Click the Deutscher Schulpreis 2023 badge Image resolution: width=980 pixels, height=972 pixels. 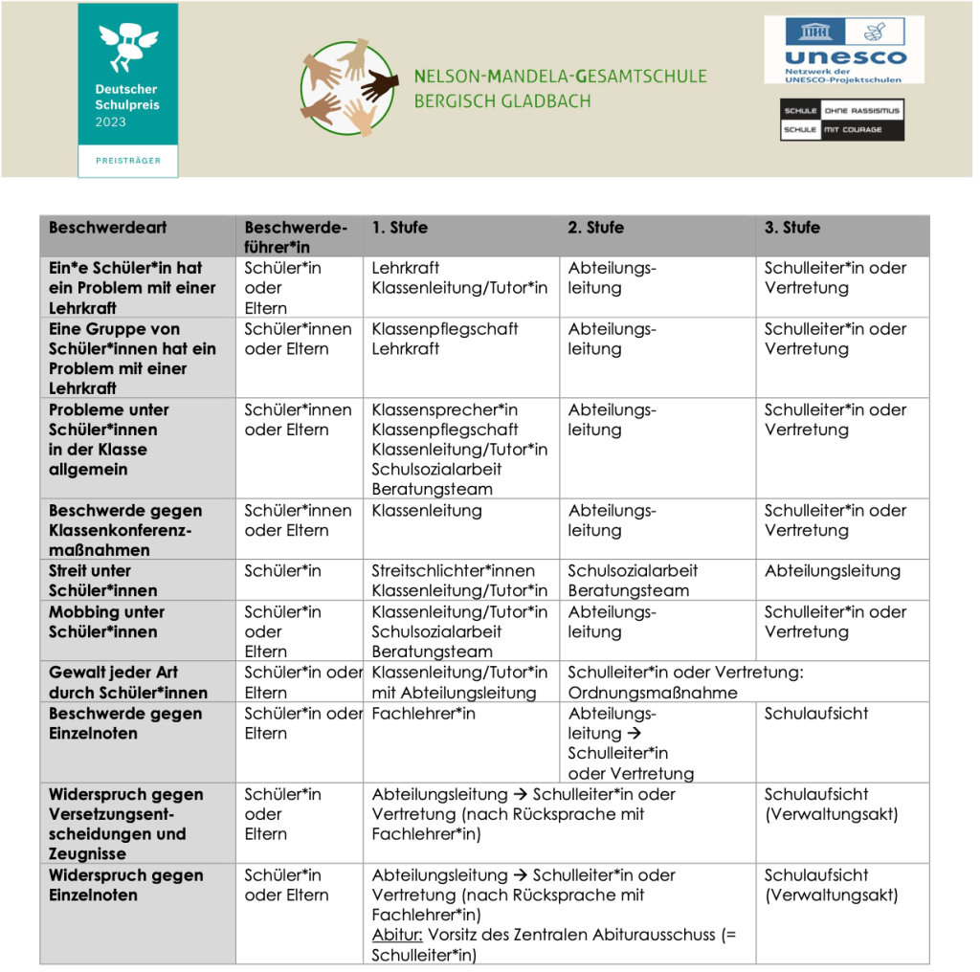tap(127, 89)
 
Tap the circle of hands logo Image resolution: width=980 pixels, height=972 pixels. tap(349, 88)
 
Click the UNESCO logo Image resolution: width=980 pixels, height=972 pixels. tap(842, 49)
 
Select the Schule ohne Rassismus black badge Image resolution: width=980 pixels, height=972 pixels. tap(841, 120)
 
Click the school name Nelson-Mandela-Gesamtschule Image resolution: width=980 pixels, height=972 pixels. tap(560, 77)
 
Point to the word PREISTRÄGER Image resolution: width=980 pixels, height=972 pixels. tap(128, 161)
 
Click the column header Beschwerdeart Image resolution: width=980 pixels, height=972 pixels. tap(107, 228)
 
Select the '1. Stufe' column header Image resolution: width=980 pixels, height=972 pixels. tap(400, 228)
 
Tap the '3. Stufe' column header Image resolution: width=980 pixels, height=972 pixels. tap(791, 228)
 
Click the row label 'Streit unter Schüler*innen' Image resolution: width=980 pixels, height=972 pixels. tap(103, 581)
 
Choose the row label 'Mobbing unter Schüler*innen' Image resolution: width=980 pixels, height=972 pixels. tap(106, 622)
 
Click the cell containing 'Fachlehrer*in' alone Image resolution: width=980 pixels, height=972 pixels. tap(423, 714)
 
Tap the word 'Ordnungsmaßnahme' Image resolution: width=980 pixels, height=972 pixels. tap(653, 693)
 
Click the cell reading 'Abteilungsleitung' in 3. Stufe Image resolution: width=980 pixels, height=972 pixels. tap(832, 571)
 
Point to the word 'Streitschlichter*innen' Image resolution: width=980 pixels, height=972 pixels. tap(453, 571)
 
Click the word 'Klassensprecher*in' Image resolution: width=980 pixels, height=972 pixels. tap(444, 409)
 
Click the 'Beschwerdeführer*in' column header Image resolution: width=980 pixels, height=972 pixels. tap(295, 237)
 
